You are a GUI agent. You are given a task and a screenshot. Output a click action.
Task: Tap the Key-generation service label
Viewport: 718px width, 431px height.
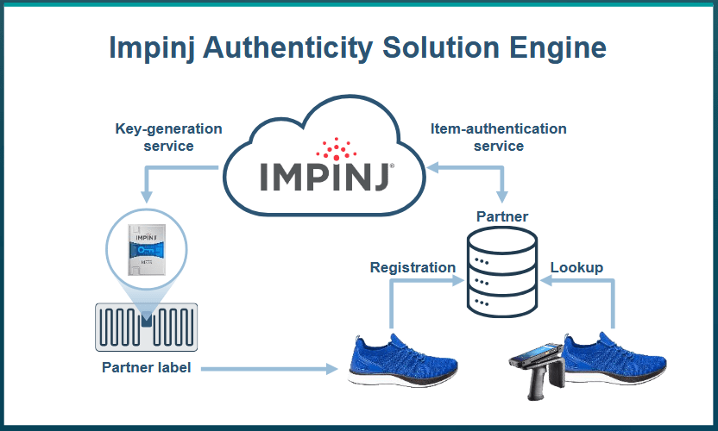[x=168, y=137]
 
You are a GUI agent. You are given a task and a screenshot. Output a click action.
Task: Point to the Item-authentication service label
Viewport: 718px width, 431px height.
[x=499, y=137]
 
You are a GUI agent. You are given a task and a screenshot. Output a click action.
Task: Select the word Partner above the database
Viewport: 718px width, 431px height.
[x=502, y=216]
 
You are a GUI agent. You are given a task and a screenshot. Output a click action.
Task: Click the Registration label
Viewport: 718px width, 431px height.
[x=413, y=267]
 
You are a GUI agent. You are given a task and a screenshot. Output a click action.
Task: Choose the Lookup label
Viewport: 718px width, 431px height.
[x=576, y=267]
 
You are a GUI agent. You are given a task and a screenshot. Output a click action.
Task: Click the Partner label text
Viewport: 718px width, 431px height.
[x=146, y=368]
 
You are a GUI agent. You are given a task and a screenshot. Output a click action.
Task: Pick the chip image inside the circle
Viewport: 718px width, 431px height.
[x=145, y=250]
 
